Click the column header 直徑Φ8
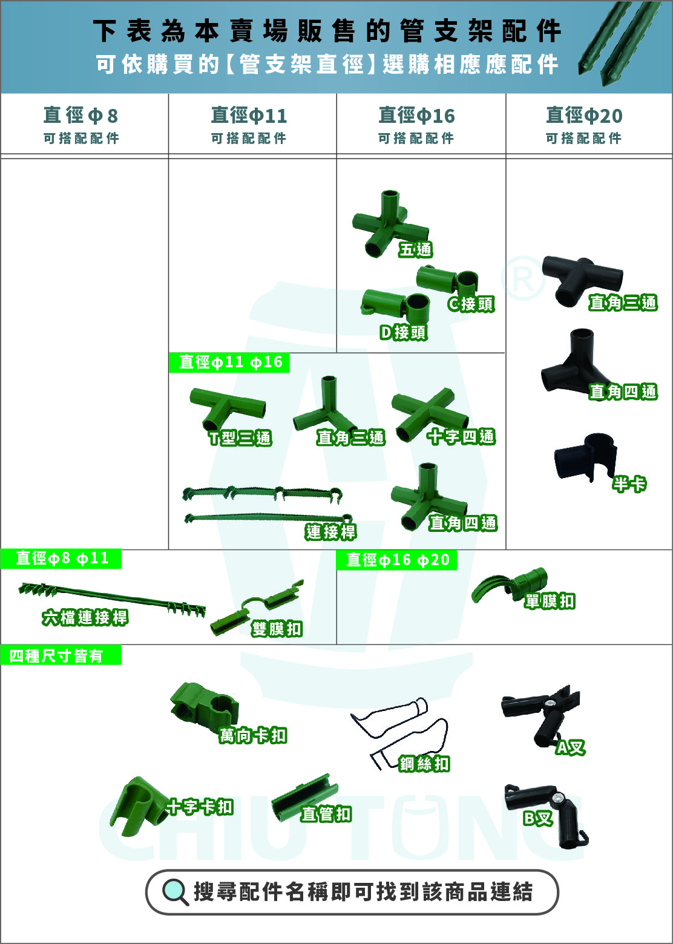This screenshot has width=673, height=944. click(x=80, y=115)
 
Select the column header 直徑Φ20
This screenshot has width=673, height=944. click(x=584, y=115)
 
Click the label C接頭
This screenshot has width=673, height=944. click(x=471, y=304)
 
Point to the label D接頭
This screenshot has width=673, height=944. click(x=403, y=332)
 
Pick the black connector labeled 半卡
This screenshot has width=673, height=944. click(x=586, y=457)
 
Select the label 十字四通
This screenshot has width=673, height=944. click(x=461, y=437)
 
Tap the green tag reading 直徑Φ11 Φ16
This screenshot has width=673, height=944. click(x=229, y=362)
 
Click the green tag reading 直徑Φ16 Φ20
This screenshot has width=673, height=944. click(x=396, y=560)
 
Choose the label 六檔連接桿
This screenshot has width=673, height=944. click(x=85, y=618)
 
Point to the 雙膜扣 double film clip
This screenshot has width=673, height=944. click(x=257, y=608)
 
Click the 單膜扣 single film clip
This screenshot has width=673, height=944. click(x=510, y=585)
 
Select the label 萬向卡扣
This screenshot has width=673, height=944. click(x=253, y=736)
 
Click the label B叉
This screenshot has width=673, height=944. click(x=537, y=818)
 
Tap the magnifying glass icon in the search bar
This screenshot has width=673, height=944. click(x=176, y=892)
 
